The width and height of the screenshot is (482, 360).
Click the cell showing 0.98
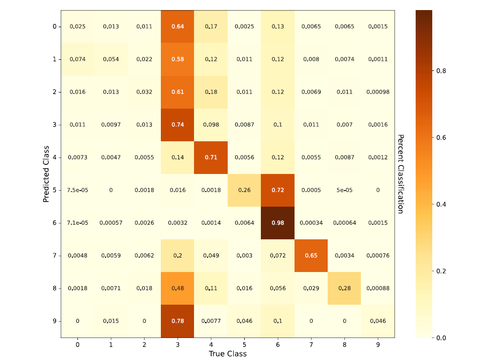pos(277,223)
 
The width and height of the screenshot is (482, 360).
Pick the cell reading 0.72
pos(277,190)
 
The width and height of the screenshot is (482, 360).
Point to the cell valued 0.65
pos(311,255)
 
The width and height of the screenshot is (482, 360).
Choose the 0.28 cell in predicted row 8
pos(344,288)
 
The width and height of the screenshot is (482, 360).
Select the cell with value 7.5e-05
pos(77,190)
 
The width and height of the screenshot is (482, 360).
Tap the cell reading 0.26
pos(244,190)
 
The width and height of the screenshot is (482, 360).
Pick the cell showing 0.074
pos(77,59)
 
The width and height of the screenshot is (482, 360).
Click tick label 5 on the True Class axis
pos(244,345)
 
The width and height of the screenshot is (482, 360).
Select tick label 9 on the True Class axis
pos(377,345)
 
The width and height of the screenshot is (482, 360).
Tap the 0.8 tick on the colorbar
pos(441,71)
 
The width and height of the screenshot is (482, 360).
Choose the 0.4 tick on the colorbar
pos(441,204)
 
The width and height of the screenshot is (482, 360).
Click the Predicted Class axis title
pos(46,173)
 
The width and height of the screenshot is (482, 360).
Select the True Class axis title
pos(228,354)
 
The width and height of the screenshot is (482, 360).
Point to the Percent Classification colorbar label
pos(401,173)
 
